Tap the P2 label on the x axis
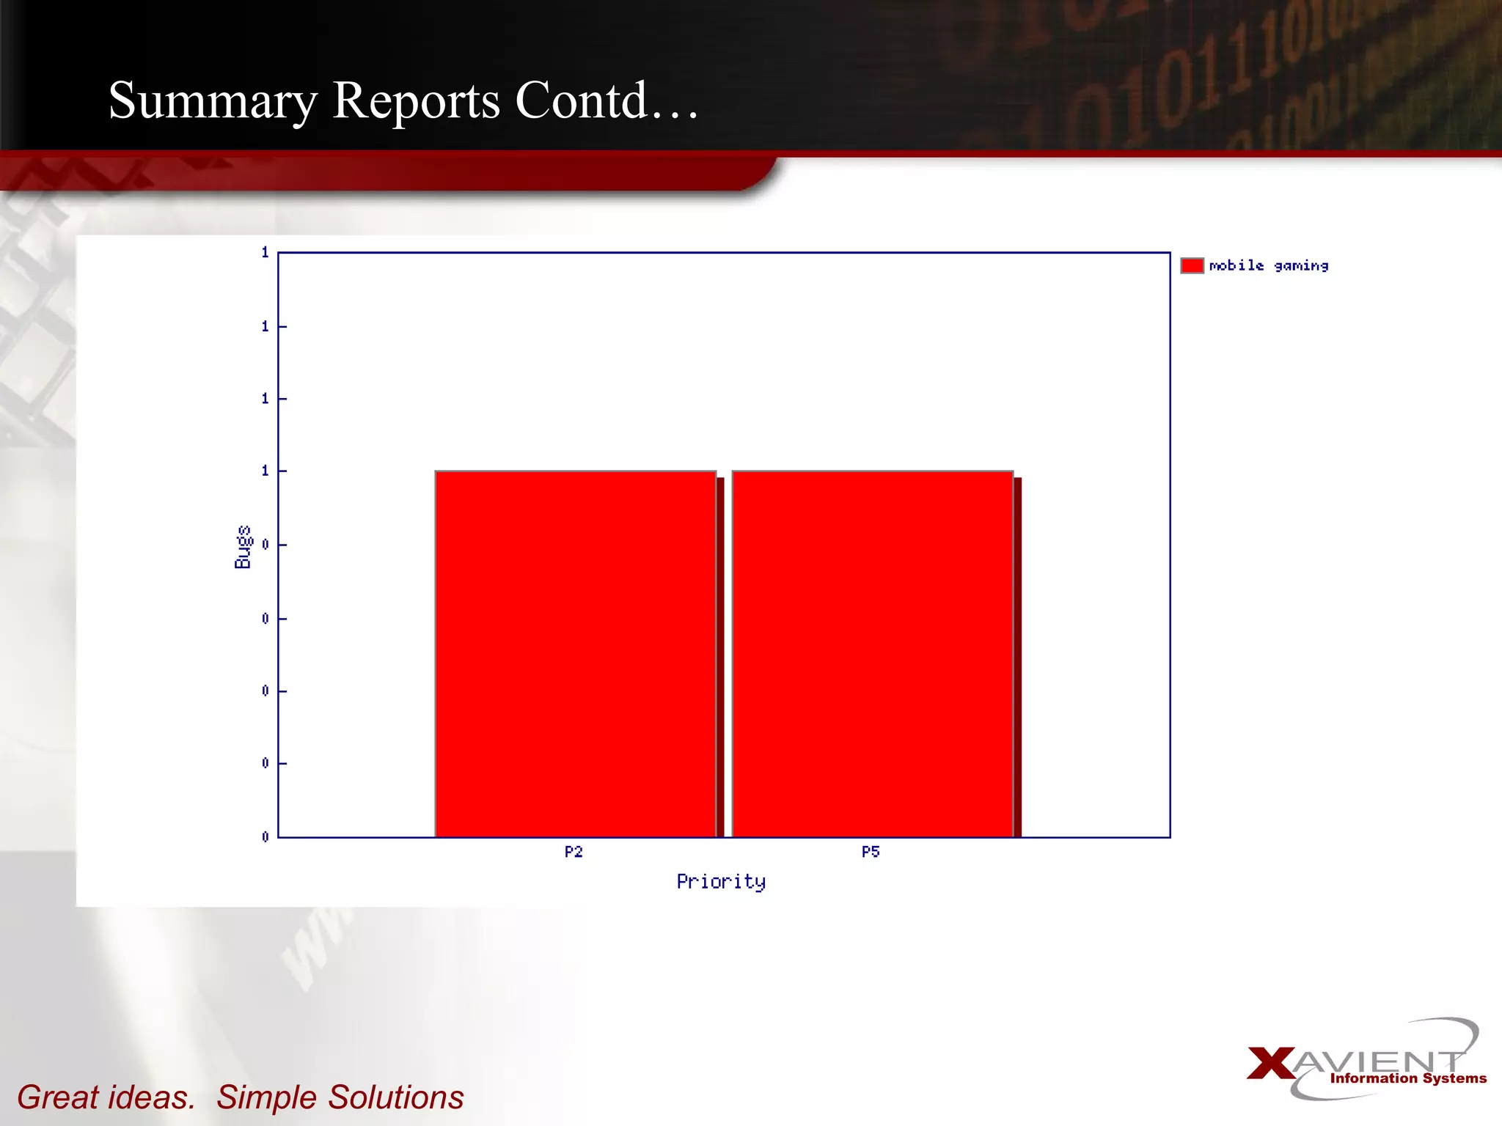574,852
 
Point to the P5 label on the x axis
871,852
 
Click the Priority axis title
721,882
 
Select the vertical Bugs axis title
243,547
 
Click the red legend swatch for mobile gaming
1192,265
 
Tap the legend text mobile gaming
1269,266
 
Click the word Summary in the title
213,101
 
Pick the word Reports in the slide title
416,101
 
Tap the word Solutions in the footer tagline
395,1097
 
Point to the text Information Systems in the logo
1408,1078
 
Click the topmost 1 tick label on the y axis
265,252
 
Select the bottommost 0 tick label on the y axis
265,836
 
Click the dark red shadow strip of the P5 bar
1018,657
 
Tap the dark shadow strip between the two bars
720,657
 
